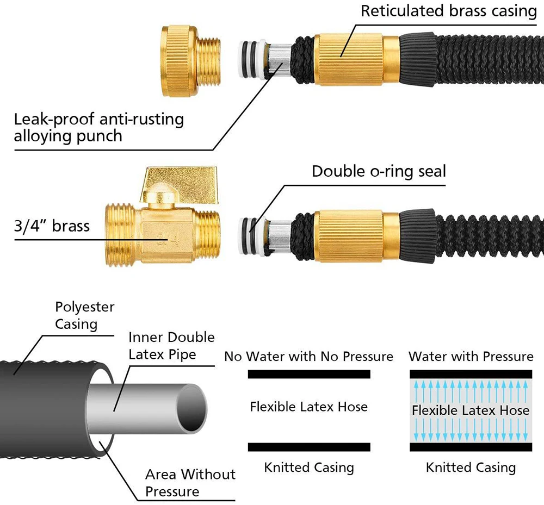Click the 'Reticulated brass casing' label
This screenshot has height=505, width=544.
[x=449, y=11]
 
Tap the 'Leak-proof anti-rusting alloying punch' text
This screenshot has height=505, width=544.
[x=99, y=127]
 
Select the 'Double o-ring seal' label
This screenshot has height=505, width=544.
[x=379, y=171]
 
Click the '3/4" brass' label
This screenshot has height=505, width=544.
[x=52, y=226]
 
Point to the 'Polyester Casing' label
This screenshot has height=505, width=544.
[x=85, y=315]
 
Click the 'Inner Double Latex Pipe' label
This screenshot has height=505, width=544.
[x=171, y=346]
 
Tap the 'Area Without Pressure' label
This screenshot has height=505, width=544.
[x=190, y=483]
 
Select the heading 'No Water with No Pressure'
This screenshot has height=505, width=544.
[x=309, y=356]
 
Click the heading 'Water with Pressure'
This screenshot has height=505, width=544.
[x=471, y=356]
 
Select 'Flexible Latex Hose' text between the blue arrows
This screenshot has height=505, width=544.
[x=471, y=410]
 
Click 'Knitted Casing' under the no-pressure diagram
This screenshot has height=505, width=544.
[x=309, y=467]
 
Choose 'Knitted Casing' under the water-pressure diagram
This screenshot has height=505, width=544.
[x=471, y=467]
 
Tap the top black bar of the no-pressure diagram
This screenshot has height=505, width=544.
[x=309, y=375]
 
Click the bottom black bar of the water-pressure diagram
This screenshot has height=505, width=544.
[x=471, y=447]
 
